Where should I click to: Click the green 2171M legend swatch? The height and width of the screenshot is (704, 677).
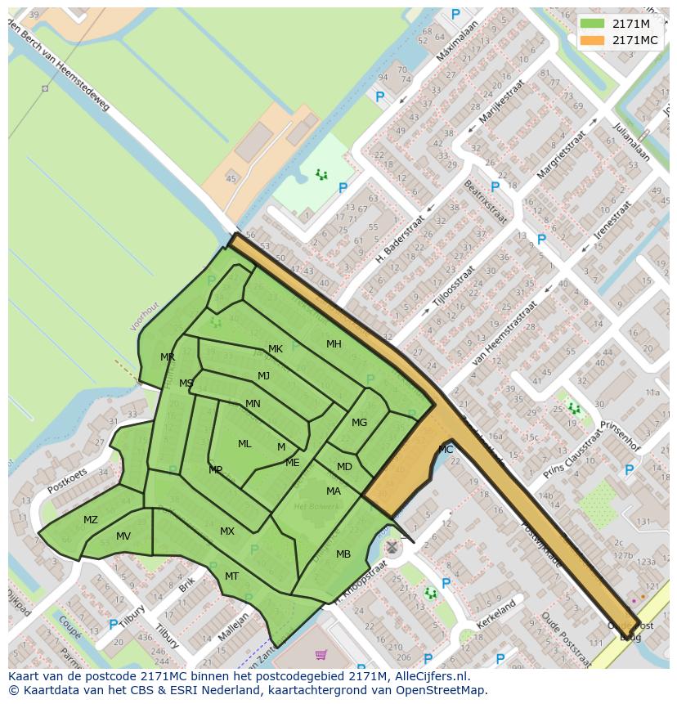point(592,23)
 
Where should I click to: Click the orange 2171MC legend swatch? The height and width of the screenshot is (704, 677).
point(592,40)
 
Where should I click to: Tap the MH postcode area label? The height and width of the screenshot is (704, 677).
point(334,344)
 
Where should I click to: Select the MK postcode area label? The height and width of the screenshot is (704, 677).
point(276,349)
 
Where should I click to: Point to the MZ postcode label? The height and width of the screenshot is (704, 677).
point(91,520)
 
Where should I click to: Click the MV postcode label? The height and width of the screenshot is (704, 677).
point(123,536)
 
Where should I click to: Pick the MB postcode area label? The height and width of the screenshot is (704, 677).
point(343,554)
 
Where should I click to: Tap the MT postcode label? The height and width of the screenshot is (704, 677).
point(232,576)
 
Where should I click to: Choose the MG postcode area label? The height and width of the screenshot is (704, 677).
point(359,423)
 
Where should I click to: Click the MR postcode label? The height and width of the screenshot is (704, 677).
point(168,357)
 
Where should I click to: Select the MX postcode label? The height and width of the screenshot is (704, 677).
point(227,531)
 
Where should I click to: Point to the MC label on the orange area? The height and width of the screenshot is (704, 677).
point(446,450)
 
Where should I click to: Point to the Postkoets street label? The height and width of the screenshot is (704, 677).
point(67,480)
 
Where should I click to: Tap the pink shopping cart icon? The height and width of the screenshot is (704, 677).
point(321,655)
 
